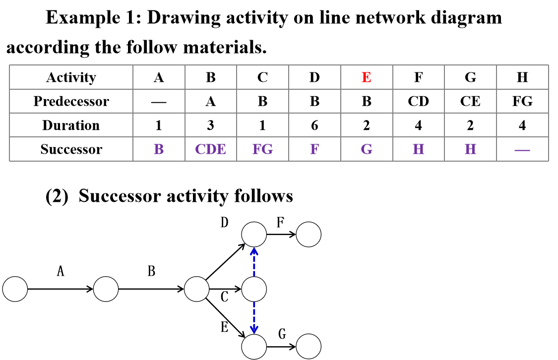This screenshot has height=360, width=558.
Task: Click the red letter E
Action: [x=366, y=77]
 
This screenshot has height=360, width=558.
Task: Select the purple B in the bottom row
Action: [x=159, y=149]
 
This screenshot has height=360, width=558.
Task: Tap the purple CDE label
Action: [x=210, y=149]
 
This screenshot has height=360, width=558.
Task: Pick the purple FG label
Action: [x=262, y=149]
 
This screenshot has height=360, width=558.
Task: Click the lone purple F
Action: [x=314, y=149]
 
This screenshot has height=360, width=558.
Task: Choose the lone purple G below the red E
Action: [x=367, y=149]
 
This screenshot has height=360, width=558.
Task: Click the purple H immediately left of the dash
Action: [x=470, y=149]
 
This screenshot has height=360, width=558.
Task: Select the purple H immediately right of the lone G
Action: [x=418, y=149]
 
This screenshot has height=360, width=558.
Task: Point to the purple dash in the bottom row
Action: [x=522, y=150]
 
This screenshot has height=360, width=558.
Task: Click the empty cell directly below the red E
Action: [x=367, y=101]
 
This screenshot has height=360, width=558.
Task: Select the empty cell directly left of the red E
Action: [x=314, y=77]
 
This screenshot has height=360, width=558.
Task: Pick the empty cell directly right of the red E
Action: [x=418, y=77]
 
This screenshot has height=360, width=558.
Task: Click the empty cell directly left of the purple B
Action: [x=71, y=149]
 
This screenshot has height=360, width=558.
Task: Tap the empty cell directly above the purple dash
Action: [x=522, y=125]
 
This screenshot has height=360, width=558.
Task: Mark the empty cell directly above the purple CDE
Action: [x=210, y=125]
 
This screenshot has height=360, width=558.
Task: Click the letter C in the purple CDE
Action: [x=200, y=149]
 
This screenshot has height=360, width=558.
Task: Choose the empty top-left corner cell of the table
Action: [x=71, y=77]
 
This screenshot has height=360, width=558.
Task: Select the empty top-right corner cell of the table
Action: [x=522, y=77]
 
